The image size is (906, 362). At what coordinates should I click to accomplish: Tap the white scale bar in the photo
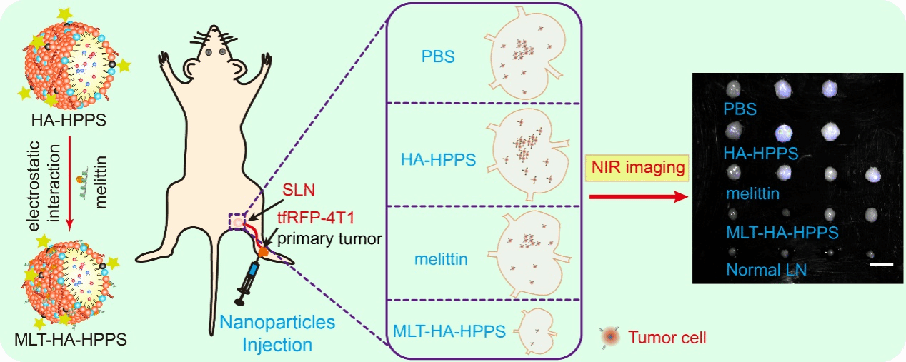[x=882, y=263]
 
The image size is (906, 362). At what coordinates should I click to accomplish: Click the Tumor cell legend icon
[x=609, y=336]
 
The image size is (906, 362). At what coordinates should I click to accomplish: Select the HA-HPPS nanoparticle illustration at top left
[x=69, y=61]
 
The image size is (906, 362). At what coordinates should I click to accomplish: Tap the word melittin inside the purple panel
[x=441, y=258]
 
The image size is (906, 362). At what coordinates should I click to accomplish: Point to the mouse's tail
[x=218, y=300]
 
